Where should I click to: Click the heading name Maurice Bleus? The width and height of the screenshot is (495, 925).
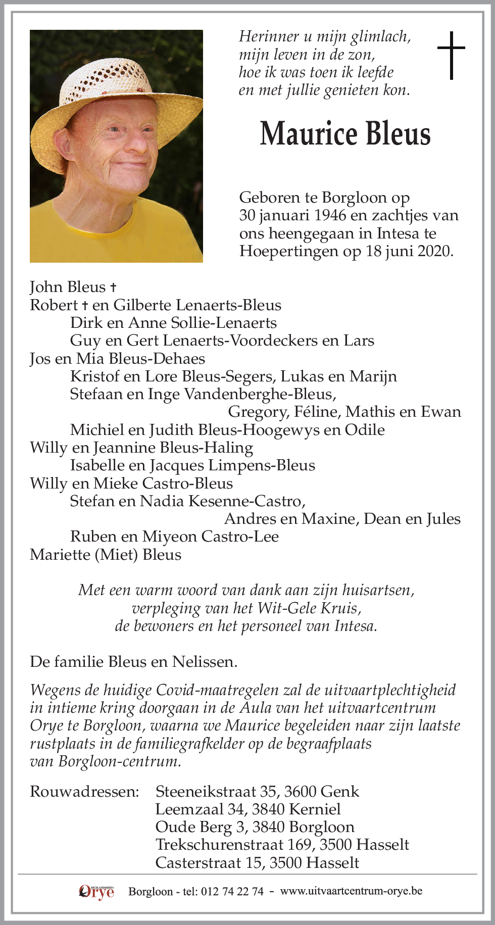[345, 134]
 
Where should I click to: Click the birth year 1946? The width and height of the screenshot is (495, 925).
[330, 215]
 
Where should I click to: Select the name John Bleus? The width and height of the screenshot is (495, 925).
[68, 287]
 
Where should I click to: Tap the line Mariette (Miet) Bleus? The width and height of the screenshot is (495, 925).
[106, 555]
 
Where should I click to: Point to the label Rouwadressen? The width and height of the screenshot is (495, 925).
[84, 791]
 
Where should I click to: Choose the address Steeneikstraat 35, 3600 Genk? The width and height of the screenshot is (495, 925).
[257, 791]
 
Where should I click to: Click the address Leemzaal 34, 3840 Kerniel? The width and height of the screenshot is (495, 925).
[248, 809]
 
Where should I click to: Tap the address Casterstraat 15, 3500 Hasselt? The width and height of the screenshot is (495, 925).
[257, 862]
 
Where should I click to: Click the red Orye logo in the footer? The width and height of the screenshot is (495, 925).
[96, 892]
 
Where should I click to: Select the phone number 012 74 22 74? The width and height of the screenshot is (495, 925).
[232, 892]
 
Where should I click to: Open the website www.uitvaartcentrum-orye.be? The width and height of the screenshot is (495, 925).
[351, 891]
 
